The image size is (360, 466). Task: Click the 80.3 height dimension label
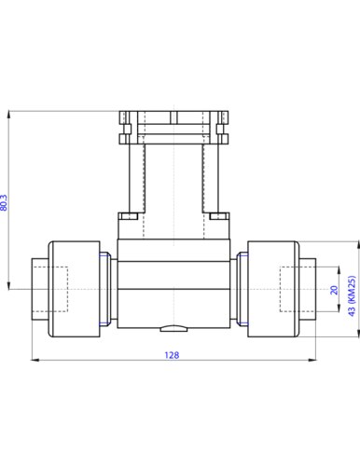[x=5, y=203]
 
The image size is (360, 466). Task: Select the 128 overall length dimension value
[x=173, y=354]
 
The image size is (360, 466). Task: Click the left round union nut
[x=75, y=290]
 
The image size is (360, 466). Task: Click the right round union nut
[x=271, y=290]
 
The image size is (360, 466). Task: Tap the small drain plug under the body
[x=173, y=328]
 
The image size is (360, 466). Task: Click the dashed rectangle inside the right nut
[x=299, y=290]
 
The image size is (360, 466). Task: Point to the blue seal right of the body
[x=240, y=290]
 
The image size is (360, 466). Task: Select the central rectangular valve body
[x=173, y=280]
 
